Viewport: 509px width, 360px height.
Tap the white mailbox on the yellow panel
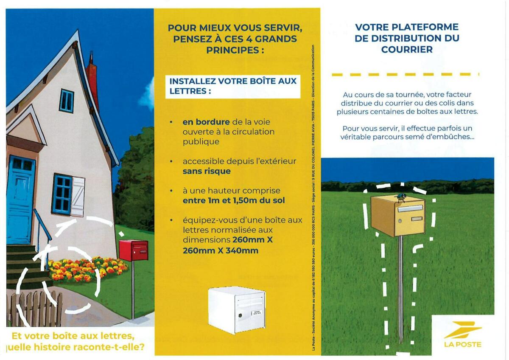236,310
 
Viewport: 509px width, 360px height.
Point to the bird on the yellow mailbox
400,197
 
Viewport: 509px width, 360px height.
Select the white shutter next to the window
78,197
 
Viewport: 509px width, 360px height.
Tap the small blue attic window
67,101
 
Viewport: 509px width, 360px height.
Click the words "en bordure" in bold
206,122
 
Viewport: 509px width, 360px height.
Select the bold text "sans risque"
207,171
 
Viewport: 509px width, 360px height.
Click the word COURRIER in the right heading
407,50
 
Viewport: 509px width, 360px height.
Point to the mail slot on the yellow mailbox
410,208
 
